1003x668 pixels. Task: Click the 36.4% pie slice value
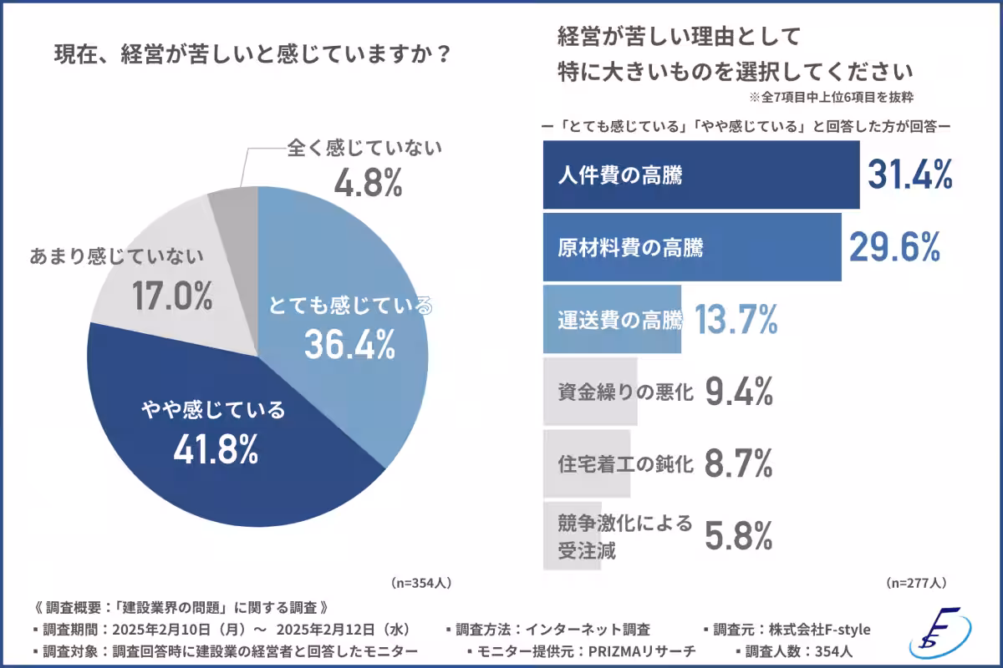[x=349, y=344]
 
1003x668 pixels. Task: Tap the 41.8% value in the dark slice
[x=216, y=451]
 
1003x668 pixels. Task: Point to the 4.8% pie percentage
[x=369, y=184]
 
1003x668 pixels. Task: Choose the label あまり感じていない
[x=116, y=256]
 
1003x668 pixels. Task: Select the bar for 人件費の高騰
[x=700, y=175]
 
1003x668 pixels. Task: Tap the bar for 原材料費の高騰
[x=691, y=247]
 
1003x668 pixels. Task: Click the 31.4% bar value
[x=910, y=175]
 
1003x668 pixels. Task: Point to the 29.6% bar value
[x=895, y=246]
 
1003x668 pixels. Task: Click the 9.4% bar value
[x=738, y=392]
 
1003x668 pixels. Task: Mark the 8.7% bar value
[x=738, y=464]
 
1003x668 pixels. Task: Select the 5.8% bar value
[x=738, y=536]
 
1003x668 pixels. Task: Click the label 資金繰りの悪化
[x=625, y=392]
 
